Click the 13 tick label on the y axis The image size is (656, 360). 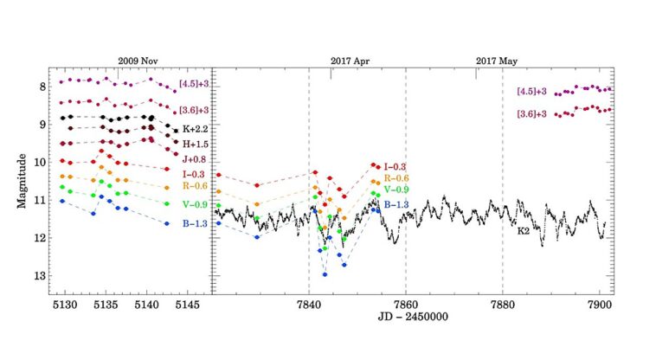(38, 276)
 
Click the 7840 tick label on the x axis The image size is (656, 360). (309, 305)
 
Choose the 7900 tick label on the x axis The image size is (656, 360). (599, 305)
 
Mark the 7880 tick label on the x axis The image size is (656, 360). (502, 305)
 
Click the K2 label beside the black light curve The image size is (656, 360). (524, 231)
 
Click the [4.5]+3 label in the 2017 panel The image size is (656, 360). (531, 92)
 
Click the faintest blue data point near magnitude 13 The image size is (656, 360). (325, 274)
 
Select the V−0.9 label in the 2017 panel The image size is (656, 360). (396, 190)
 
